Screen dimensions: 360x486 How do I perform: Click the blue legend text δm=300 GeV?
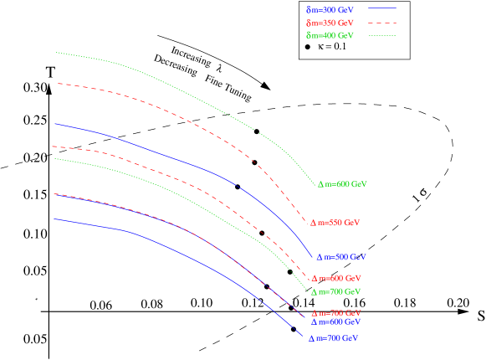click(330, 9)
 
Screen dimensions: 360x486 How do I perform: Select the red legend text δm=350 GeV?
click(330, 23)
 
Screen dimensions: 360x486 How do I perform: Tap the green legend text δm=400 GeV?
click(330, 35)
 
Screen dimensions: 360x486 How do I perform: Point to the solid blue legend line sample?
click(382, 9)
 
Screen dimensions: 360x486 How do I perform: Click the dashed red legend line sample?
click(382, 23)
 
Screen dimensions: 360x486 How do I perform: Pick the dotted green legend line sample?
click(382, 35)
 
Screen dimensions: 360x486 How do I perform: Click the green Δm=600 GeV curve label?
click(341, 184)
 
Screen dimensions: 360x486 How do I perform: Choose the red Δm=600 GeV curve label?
click(336, 278)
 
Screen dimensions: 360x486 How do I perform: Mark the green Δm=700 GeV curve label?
click(336, 292)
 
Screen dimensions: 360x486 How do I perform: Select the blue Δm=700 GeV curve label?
click(334, 338)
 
